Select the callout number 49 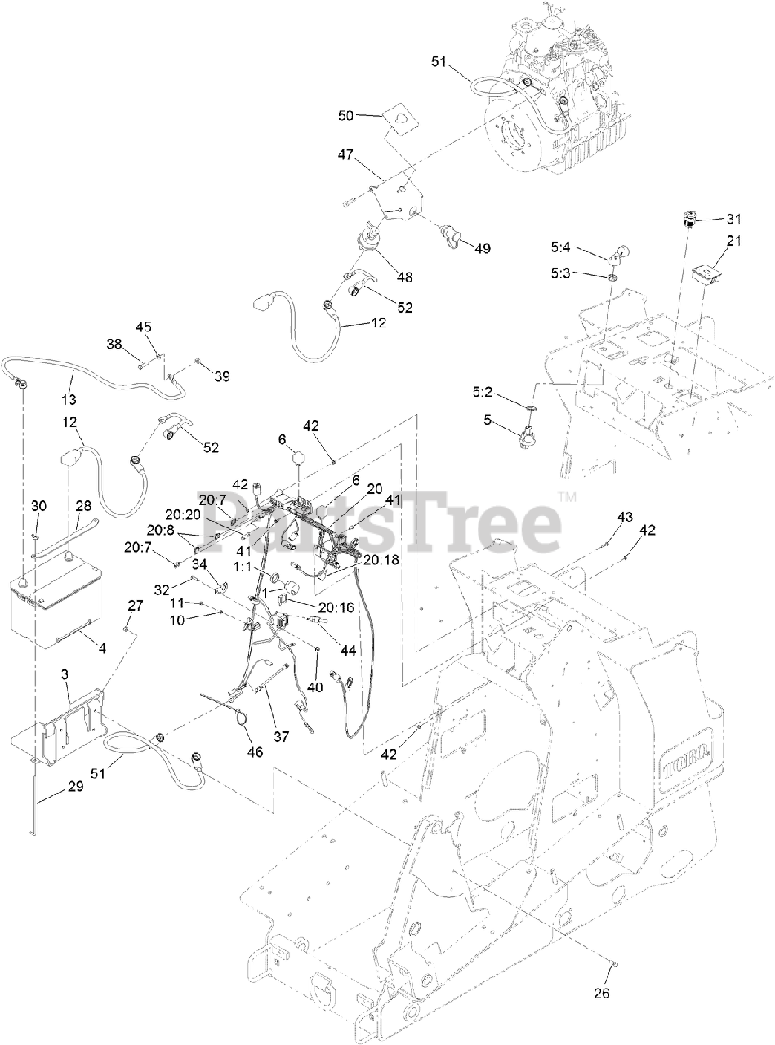click(483, 248)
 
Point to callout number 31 click(733, 218)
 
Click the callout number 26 click(602, 994)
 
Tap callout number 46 click(255, 752)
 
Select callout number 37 click(282, 736)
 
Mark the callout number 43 click(625, 517)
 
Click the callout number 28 click(83, 507)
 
